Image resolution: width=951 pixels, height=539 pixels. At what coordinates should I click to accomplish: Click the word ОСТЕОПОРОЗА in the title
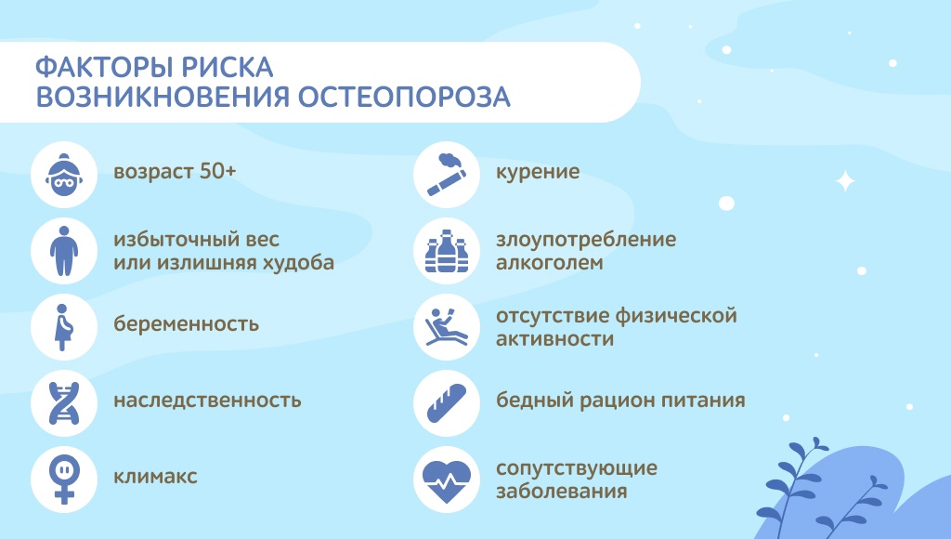404,98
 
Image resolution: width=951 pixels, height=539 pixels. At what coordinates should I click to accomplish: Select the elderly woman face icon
64,175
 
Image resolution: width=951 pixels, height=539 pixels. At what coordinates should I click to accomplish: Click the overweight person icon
64,251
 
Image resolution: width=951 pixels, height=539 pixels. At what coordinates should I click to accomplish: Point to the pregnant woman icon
64,327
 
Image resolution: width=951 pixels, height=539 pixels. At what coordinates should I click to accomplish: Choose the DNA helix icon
64,403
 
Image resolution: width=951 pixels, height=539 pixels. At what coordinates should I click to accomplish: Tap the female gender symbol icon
64,480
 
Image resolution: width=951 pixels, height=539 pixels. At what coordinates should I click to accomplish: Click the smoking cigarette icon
447,175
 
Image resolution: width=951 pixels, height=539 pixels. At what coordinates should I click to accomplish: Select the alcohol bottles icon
447,251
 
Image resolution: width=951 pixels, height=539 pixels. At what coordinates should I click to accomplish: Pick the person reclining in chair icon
447,327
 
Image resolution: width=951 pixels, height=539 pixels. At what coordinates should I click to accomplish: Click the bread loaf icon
447,403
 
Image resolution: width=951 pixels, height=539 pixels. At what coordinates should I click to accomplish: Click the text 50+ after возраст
217,171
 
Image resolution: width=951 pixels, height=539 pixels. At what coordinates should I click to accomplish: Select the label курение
538,172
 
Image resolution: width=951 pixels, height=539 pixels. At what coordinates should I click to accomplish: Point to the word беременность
186,323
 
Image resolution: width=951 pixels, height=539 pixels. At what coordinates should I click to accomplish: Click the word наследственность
207,400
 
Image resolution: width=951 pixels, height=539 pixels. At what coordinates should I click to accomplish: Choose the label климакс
155,477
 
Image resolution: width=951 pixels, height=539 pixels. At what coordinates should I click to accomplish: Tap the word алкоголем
550,263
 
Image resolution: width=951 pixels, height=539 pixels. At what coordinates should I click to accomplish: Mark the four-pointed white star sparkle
845,181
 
